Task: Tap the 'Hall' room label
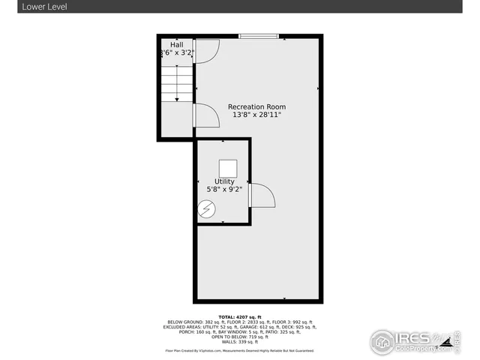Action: (x=176, y=45)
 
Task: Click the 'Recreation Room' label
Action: (x=256, y=107)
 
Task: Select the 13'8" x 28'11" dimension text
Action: (x=256, y=116)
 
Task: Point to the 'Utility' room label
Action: (x=224, y=181)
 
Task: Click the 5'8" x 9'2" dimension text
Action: (x=224, y=190)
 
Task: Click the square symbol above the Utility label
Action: (x=226, y=167)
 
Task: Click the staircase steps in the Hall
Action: (x=177, y=83)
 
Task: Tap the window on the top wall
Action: (x=259, y=35)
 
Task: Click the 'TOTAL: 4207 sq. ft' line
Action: (x=240, y=317)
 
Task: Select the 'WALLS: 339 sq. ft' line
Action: (x=240, y=342)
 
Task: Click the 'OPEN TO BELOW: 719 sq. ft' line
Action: (x=240, y=337)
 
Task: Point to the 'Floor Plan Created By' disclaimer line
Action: (x=240, y=350)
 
